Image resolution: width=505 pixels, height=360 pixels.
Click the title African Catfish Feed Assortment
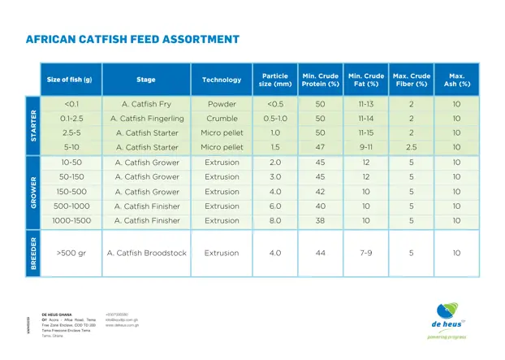(132, 39)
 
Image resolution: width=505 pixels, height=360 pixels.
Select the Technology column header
(222, 80)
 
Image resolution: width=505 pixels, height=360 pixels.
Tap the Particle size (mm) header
(275, 80)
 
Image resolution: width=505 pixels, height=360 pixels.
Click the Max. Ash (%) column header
(456, 80)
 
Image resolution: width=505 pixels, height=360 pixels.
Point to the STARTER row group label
(33, 125)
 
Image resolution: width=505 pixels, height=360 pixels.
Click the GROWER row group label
(33, 191)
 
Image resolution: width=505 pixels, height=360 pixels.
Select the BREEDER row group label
(33, 253)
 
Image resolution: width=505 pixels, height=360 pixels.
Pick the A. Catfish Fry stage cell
(146, 104)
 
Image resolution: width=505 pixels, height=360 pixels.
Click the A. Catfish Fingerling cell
(146, 119)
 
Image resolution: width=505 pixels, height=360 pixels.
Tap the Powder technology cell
(222, 104)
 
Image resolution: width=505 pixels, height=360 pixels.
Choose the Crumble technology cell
(222, 119)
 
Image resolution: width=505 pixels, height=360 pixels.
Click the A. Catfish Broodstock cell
(146, 253)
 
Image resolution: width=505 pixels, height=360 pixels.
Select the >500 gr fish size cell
(71, 253)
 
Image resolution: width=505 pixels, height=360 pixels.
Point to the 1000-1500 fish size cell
(71, 220)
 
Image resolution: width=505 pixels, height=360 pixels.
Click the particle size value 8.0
(275, 220)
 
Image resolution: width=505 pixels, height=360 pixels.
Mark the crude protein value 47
(320, 147)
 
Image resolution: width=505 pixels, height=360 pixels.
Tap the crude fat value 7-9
(366, 253)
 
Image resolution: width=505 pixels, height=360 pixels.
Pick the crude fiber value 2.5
(411, 147)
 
